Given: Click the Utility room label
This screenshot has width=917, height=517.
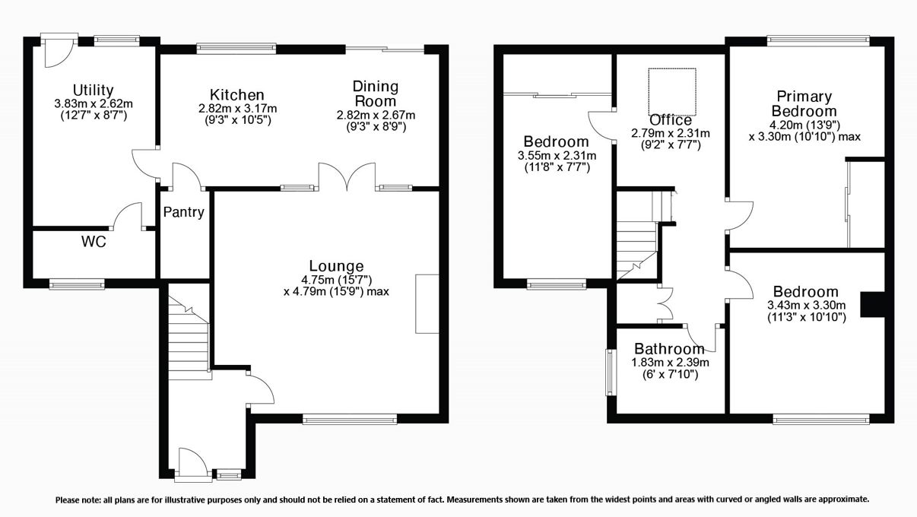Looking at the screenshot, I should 94,90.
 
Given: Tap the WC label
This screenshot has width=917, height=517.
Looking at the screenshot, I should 94,243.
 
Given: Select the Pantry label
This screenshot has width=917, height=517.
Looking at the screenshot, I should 184,213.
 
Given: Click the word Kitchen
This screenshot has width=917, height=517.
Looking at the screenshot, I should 237,95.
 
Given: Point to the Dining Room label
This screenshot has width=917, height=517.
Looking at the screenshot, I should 376,94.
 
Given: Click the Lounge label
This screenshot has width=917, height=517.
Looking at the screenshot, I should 336,266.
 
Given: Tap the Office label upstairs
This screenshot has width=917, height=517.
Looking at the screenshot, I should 671,120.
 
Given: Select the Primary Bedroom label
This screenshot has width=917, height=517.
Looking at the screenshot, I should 804,104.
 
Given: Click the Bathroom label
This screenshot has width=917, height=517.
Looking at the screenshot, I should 669,349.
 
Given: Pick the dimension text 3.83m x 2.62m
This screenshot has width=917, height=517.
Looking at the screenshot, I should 94,104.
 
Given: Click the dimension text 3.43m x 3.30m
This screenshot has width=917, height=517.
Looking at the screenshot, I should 806,306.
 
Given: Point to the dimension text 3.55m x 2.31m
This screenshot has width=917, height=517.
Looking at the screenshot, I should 556,155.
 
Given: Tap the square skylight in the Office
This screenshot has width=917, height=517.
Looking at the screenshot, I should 671,89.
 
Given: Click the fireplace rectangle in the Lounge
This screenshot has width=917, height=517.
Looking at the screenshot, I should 427,303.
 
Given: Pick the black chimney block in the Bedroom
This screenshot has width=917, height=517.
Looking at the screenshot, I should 871,305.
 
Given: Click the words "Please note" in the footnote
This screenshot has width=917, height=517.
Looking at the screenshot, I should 76,500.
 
